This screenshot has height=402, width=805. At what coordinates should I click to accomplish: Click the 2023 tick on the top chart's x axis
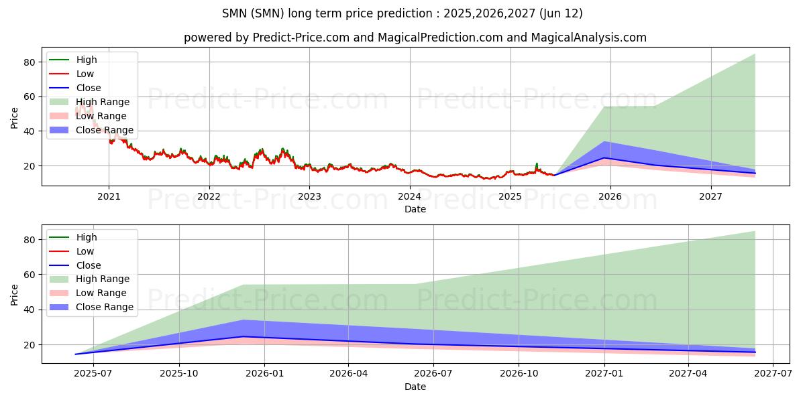(309, 196)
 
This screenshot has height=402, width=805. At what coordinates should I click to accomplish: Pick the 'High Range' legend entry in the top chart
(103, 102)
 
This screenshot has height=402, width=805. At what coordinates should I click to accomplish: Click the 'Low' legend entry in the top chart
(85, 74)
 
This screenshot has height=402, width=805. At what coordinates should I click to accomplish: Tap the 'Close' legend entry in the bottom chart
(89, 265)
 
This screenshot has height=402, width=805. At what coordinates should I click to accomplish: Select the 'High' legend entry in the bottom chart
(87, 237)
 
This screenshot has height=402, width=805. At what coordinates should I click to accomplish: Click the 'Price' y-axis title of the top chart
(15, 118)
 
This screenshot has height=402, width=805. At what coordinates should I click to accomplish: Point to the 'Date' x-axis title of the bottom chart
(415, 387)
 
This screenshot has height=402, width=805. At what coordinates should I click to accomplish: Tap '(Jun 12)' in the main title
(561, 13)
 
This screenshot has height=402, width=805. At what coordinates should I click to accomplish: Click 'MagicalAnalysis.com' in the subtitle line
(588, 38)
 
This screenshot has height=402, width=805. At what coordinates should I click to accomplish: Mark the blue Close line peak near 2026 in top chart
(604, 157)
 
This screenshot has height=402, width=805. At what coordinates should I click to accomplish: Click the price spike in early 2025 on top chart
(536, 163)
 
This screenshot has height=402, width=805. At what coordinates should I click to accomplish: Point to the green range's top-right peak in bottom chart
(755, 231)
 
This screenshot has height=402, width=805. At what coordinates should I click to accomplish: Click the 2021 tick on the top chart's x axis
(109, 196)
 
